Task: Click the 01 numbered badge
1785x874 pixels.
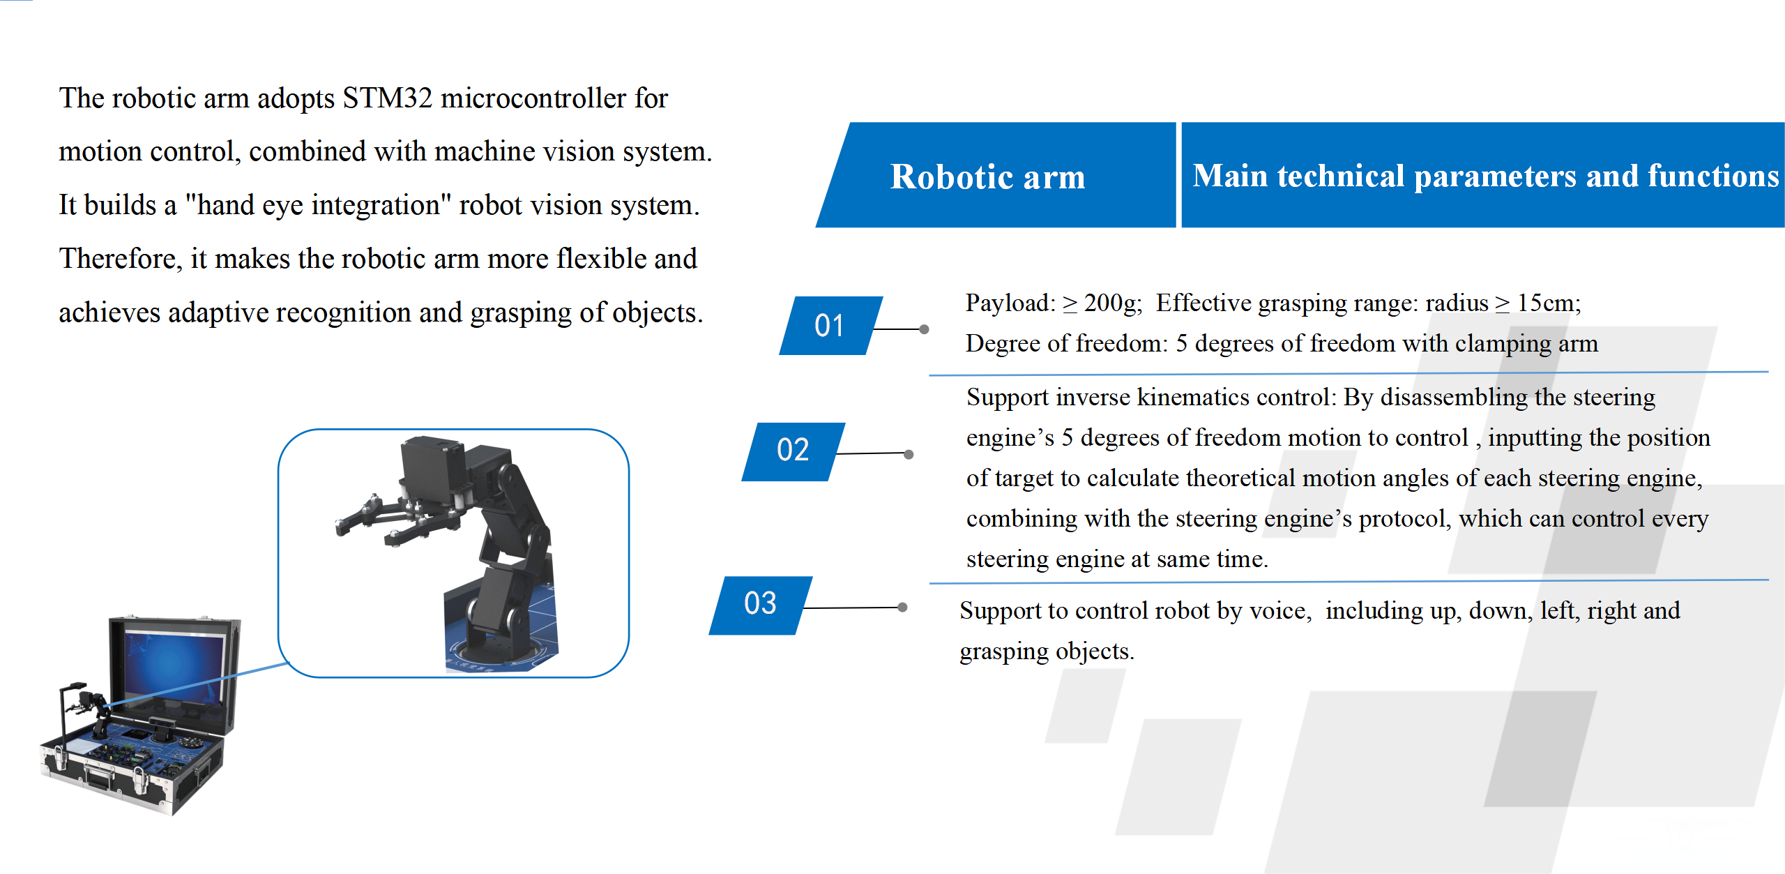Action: [830, 326]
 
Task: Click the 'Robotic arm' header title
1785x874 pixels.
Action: [987, 176]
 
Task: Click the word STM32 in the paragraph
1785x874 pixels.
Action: [388, 98]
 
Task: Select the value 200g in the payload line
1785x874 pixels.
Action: [1112, 303]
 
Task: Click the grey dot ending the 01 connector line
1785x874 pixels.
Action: [924, 329]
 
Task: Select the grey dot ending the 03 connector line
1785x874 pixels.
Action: [902, 608]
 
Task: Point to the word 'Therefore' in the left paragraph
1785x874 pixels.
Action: [121, 259]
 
